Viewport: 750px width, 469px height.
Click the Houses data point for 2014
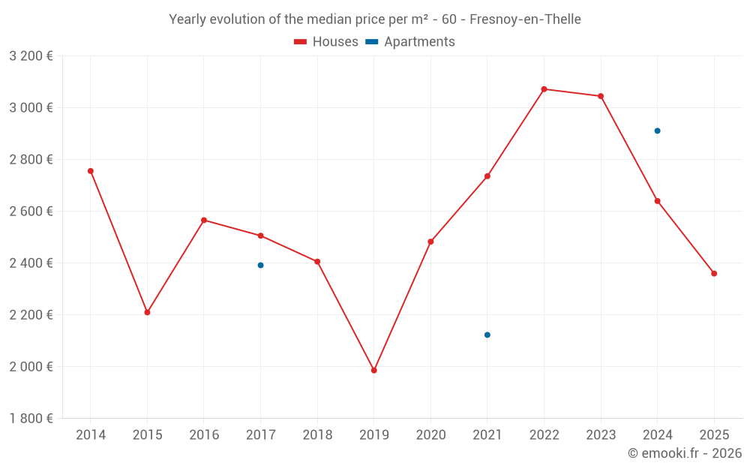click(x=91, y=171)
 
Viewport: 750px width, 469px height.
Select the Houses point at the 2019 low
click(x=374, y=370)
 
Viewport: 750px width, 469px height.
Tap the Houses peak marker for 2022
click(x=544, y=89)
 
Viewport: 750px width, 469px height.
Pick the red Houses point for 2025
click(x=714, y=273)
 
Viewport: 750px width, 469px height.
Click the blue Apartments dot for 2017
click(x=260, y=265)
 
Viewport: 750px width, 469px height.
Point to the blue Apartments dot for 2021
click(x=487, y=335)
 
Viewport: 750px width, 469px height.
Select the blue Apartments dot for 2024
click(x=658, y=131)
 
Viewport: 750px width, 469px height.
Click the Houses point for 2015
click(x=147, y=312)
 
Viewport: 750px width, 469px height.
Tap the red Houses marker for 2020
click(x=430, y=242)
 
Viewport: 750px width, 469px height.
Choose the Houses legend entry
click(x=326, y=42)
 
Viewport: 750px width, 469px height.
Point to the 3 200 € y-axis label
click(x=31, y=56)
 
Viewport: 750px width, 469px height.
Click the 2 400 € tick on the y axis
click(x=31, y=263)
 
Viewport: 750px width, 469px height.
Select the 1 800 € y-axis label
click(x=31, y=419)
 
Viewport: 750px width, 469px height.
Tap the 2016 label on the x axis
click(x=204, y=435)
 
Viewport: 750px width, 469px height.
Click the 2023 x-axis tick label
click(x=601, y=435)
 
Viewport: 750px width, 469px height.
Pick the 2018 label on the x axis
click(x=317, y=435)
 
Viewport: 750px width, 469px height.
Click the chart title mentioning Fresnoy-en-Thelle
click(x=375, y=20)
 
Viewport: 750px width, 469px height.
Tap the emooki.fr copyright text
click(x=685, y=453)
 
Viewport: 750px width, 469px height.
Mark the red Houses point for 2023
click(x=601, y=96)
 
